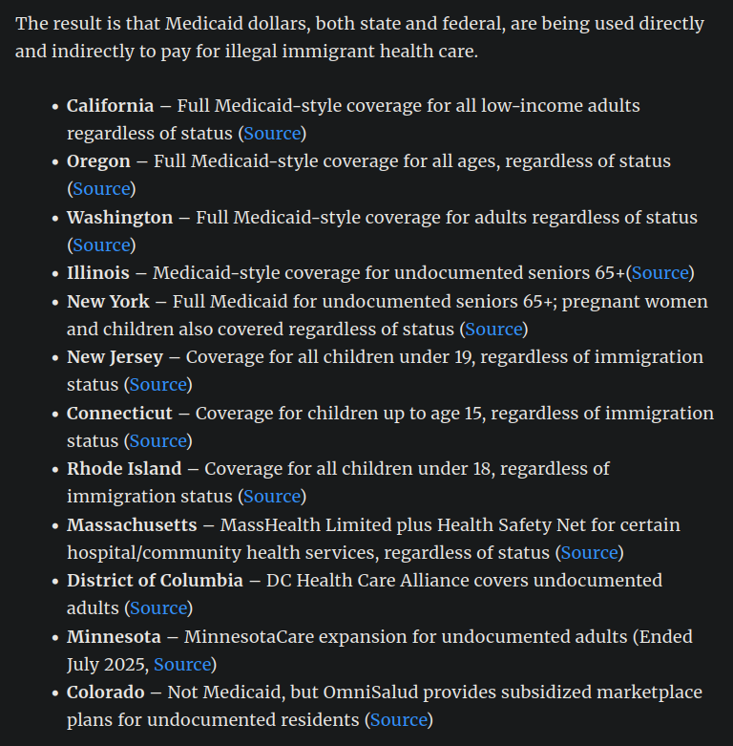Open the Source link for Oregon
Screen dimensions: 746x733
coord(101,188)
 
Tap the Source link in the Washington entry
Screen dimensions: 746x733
coord(101,245)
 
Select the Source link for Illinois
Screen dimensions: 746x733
coord(660,273)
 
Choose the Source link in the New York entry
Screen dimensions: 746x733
coord(493,329)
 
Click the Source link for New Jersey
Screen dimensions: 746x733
coord(157,384)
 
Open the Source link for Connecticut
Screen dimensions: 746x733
coord(157,440)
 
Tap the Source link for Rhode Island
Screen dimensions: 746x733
coord(272,496)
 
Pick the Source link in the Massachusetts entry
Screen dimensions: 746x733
coord(589,552)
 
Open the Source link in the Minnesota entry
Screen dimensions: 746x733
coord(181,664)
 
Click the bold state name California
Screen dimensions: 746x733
coord(110,105)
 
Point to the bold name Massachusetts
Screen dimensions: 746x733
coord(132,524)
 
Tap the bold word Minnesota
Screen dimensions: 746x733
coord(114,636)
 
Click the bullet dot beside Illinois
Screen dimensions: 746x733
coord(55,273)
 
